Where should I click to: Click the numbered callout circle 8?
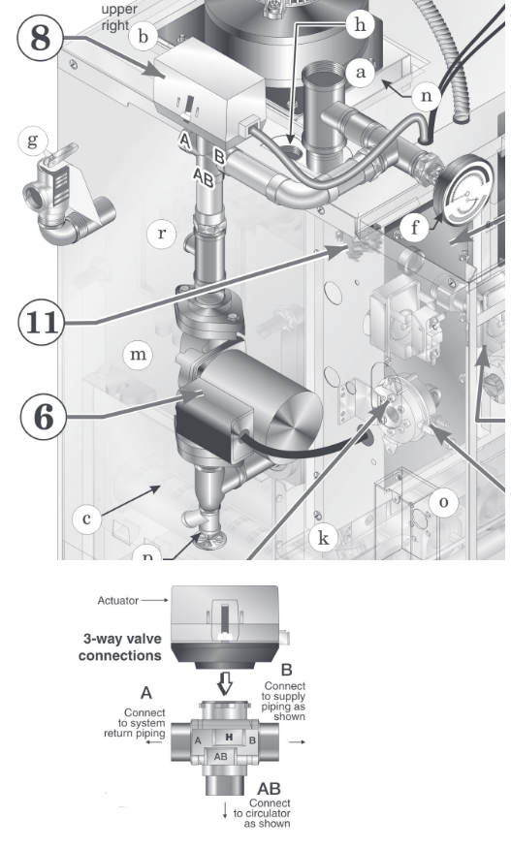click(41, 38)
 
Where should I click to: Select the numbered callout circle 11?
click(41, 323)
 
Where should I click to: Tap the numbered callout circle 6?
click(44, 418)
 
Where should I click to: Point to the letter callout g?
click(33, 141)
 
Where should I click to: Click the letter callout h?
click(360, 25)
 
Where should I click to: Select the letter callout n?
click(427, 96)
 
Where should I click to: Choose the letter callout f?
click(415, 228)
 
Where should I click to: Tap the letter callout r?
click(162, 234)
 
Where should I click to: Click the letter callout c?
click(86, 519)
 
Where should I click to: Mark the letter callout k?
click(324, 538)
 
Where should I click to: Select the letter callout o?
click(443, 502)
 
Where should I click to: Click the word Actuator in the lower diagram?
click(118, 601)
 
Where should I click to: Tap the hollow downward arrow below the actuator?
click(225, 684)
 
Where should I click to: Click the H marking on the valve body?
click(229, 737)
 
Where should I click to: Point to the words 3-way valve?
click(122, 639)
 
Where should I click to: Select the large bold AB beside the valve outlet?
click(269, 788)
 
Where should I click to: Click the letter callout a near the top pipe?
click(360, 72)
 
